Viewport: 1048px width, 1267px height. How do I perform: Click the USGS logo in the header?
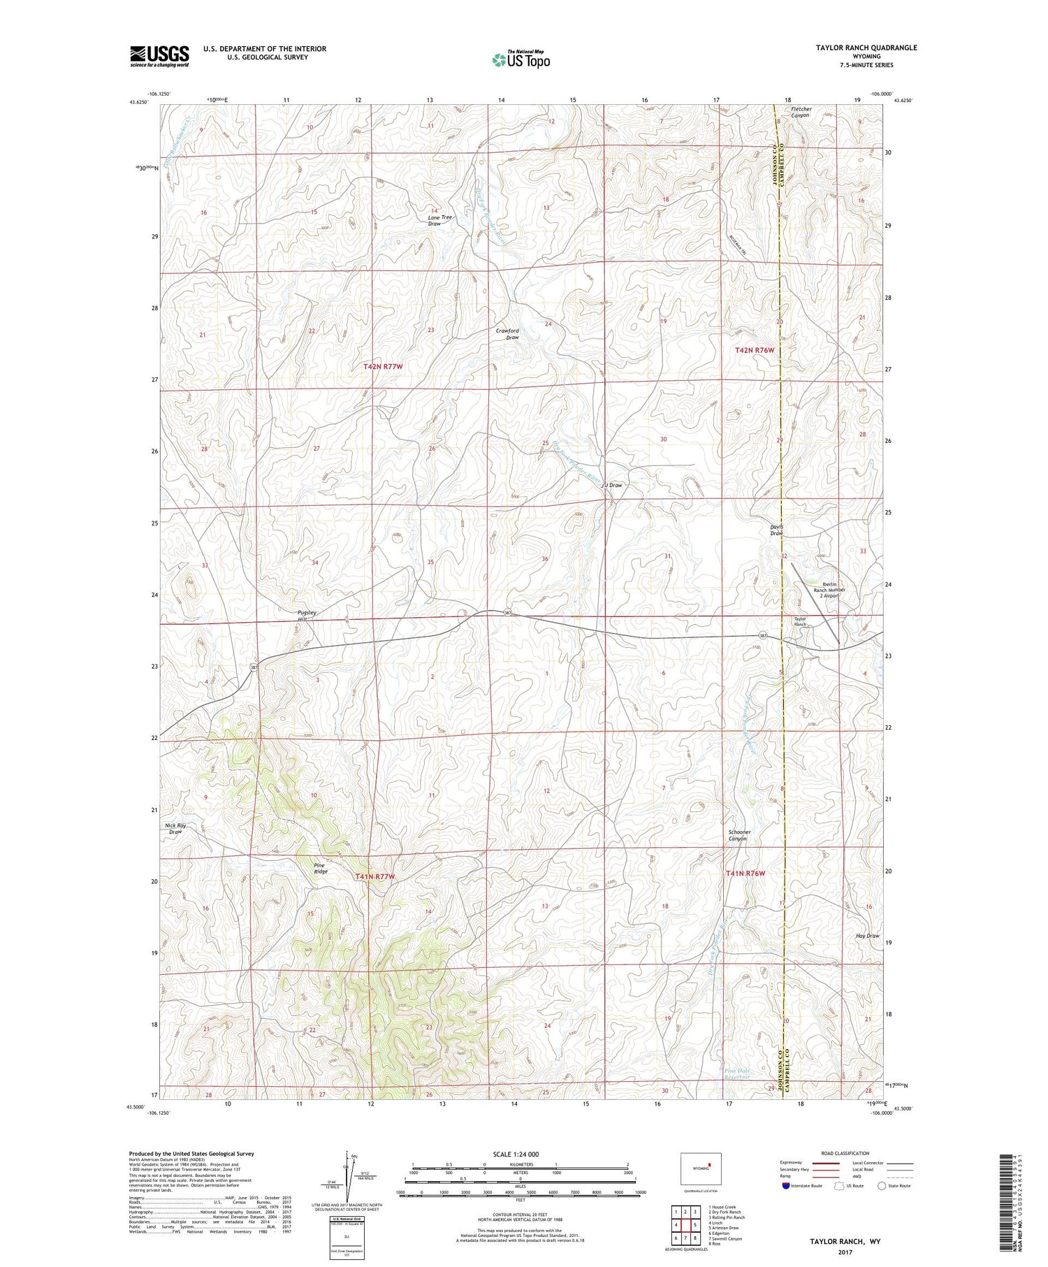[x=159, y=55]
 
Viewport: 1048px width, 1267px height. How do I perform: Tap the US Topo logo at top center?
[x=521, y=59]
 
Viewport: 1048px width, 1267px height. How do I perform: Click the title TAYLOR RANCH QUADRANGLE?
[x=856, y=48]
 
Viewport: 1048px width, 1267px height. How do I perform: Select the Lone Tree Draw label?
[x=439, y=220]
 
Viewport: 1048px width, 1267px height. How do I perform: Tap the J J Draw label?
[x=612, y=485]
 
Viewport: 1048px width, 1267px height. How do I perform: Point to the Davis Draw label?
[x=776, y=530]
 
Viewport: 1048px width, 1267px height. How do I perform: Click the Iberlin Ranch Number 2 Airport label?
[x=829, y=590]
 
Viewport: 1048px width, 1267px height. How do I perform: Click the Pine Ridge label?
[x=320, y=868]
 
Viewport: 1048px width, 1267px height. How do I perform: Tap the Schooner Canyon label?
[x=739, y=835]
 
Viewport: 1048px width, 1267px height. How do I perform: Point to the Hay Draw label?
[x=867, y=936]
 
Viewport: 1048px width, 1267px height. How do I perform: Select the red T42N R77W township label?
[x=384, y=366]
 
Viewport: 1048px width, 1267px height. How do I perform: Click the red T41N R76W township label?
[x=745, y=874]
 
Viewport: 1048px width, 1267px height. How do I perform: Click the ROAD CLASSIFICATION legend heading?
[x=845, y=1153]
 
